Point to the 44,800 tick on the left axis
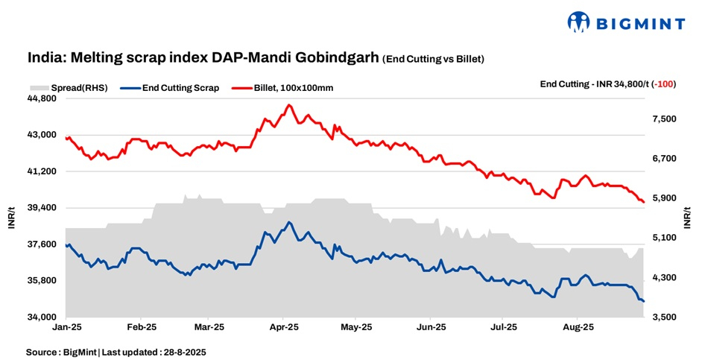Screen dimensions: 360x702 coord(42,98)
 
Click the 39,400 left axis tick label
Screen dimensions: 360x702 coord(42,208)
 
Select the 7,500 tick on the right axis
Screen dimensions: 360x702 coord(664,119)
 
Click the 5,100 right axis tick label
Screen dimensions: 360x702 coord(664,238)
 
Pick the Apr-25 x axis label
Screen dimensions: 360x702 coord(284,327)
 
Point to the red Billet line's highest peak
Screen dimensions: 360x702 coord(288,105)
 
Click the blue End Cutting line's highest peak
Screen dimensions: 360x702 coord(289,222)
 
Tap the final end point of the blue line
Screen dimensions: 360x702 coord(643,301)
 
